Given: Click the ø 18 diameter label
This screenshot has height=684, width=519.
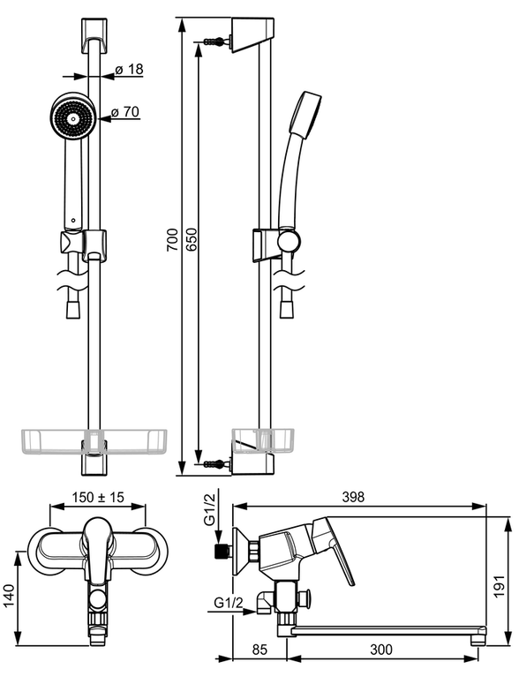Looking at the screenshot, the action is (x=129, y=70).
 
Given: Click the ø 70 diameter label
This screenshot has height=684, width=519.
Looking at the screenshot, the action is (x=125, y=112).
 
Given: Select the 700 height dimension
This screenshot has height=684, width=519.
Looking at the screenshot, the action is (x=173, y=239).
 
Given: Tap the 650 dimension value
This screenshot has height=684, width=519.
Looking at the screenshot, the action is (x=192, y=239).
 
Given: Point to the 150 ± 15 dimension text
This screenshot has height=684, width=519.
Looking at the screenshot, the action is (x=98, y=497).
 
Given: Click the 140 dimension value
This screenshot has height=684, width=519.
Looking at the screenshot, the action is (x=9, y=596).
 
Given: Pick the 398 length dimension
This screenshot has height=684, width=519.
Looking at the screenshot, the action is (x=353, y=497).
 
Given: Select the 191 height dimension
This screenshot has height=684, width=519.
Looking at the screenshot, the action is (x=500, y=586).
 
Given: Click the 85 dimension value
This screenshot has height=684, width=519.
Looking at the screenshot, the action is (x=259, y=650).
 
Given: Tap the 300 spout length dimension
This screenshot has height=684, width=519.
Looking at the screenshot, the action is (x=381, y=650).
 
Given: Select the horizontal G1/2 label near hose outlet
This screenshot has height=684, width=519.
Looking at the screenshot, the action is (x=228, y=603).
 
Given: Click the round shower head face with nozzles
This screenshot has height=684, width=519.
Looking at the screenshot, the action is (x=72, y=117).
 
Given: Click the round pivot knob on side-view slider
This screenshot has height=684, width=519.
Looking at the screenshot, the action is (x=290, y=240).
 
